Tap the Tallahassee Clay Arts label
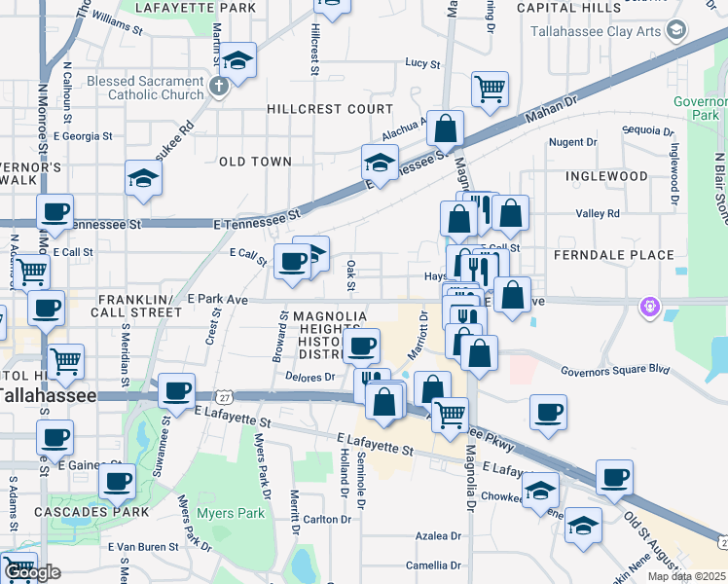coord(594,30)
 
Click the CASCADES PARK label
coord(91,511)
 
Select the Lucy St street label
coord(422,63)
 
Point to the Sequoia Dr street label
coord(648,130)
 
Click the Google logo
coord(31,572)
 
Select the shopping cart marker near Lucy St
coord(490,88)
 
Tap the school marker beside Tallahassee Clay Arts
coord(673,29)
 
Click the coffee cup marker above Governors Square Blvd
coord(548,411)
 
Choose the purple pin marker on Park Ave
coord(650,308)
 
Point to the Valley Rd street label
coord(598,213)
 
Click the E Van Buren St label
coord(143,546)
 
